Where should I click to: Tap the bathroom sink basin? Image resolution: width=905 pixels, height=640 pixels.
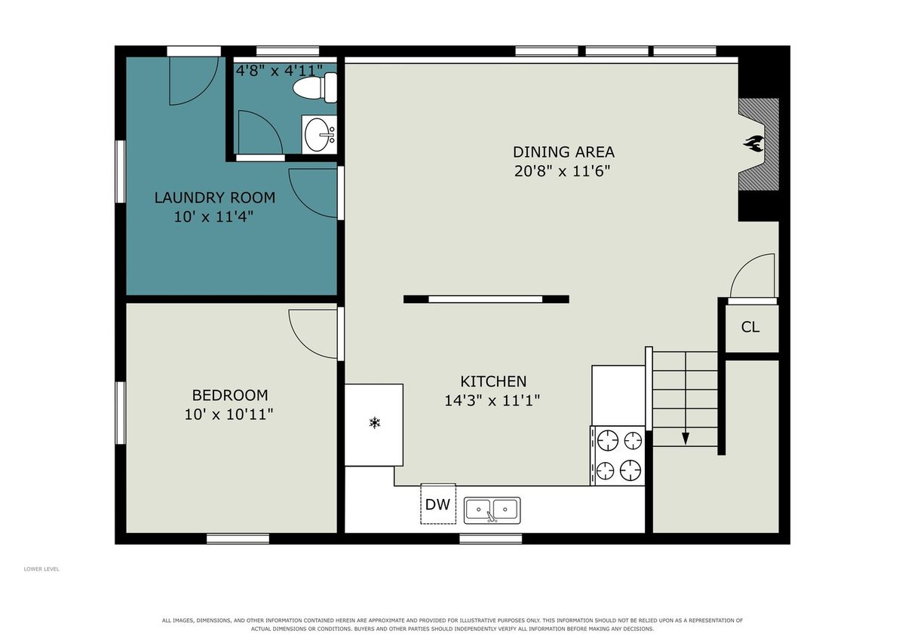318,134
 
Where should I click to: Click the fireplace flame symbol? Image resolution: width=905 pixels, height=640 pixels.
753,143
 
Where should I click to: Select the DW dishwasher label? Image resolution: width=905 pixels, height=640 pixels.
437,504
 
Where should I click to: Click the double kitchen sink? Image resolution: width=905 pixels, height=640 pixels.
492,511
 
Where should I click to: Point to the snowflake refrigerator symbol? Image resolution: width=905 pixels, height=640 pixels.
375,423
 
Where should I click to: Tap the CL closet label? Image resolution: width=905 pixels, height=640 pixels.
750,326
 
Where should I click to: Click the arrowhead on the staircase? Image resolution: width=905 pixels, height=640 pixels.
686,439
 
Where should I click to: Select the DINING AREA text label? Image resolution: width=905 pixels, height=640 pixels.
563,152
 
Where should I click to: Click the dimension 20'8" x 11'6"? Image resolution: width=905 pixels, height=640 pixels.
562,171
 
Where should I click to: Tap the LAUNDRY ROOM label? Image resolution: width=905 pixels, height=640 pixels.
214,198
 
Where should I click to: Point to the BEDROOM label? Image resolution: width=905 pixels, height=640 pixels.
230,395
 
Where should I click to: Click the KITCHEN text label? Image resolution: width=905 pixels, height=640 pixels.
493,381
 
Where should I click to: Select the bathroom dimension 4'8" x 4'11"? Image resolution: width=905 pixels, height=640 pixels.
279,71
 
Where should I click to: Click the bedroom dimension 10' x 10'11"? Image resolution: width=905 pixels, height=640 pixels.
229,415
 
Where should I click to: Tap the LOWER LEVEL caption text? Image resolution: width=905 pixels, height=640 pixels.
41,569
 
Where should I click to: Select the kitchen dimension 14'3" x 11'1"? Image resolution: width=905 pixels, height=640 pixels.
492,400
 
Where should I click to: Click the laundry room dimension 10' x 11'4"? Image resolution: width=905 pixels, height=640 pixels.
213,217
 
